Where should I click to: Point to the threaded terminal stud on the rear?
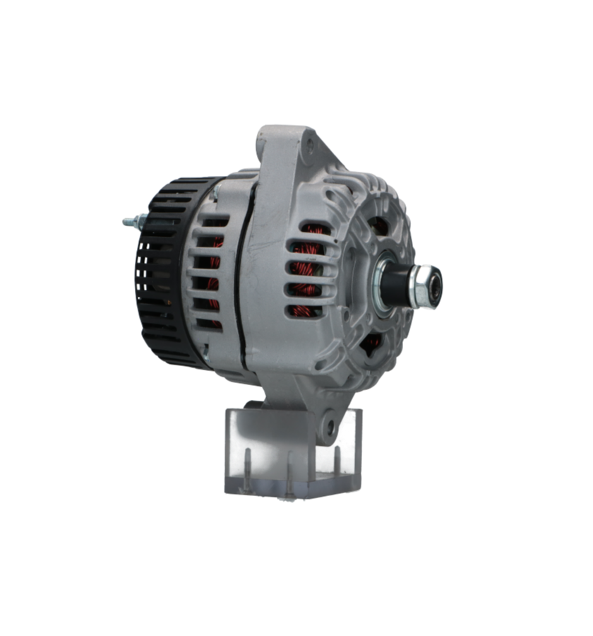coord(130,221)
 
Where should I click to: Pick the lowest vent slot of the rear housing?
coord(209,325)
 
